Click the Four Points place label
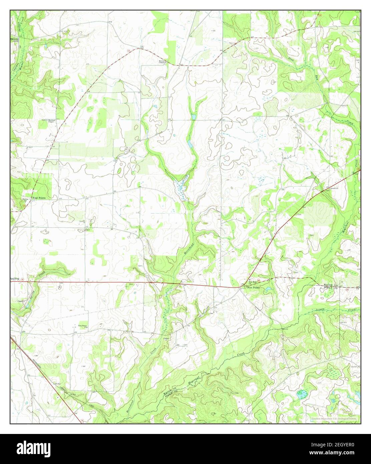(x=39, y=198)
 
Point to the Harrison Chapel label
(x=50, y=121)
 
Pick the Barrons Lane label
(x=15, y=40)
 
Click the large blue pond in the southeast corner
(x=301, y=394)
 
